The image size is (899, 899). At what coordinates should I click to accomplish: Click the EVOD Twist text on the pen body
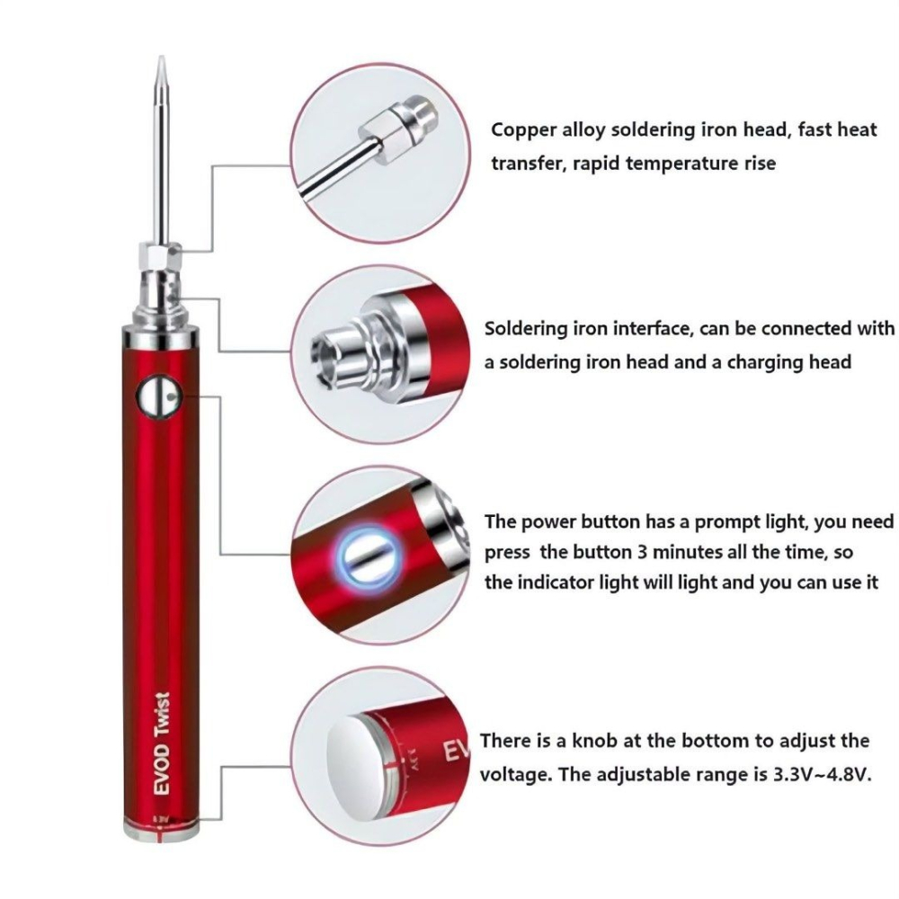163,743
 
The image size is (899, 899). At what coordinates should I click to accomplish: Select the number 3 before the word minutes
642,552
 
